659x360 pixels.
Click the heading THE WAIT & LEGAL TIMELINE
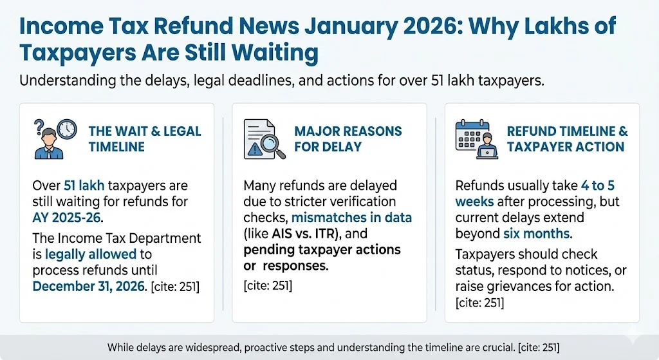pos(144,138)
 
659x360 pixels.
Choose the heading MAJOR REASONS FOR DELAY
pos(348,138)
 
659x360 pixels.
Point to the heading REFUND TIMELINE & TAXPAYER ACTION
pos(567,138)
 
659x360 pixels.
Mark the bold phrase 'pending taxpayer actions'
pos(322,249)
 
